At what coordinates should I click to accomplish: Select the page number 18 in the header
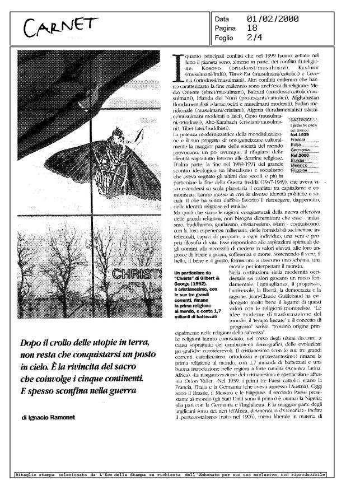pyautogui.click(x=252, y=29)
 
